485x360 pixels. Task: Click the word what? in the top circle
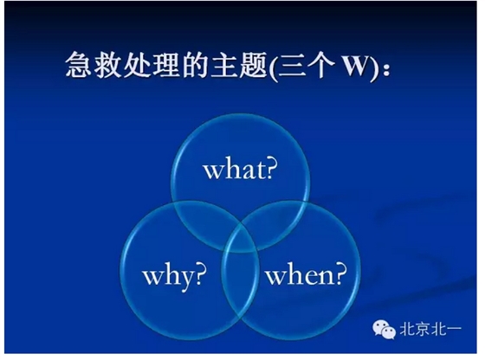(x=239, y=169)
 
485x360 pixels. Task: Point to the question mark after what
(x=269, y=169)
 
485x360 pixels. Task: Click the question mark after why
(x=200, y=275)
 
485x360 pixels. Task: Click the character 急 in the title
(x=80, y=67)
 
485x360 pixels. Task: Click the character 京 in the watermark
(x=424, y=330)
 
